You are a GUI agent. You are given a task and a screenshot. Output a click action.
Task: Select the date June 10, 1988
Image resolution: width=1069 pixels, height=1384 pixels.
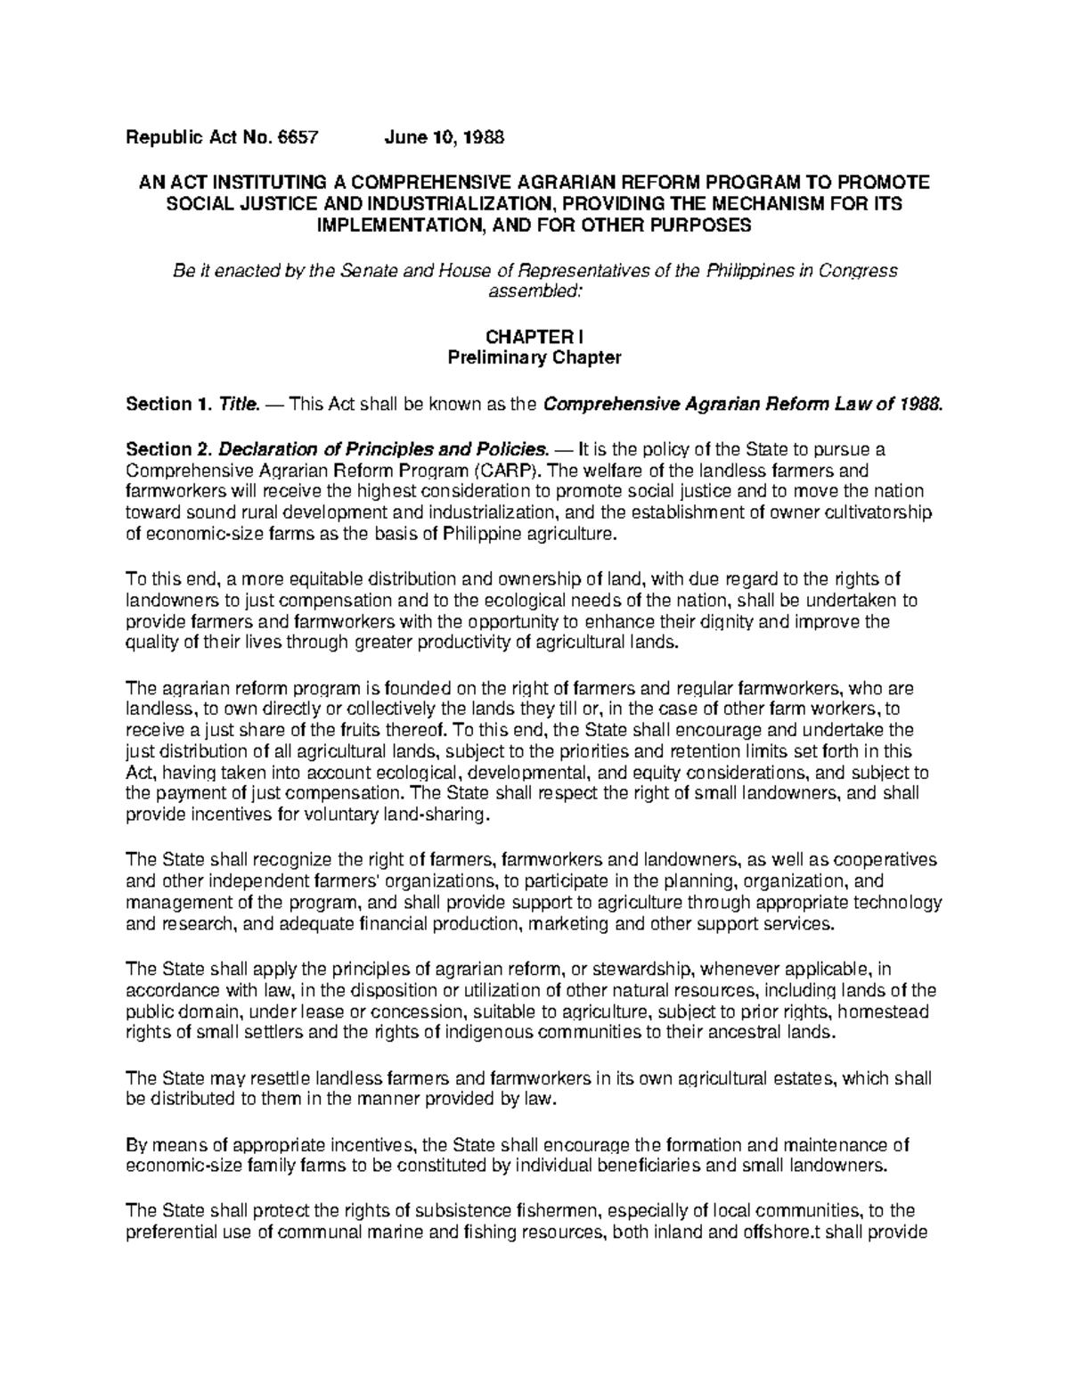(444, 138)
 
